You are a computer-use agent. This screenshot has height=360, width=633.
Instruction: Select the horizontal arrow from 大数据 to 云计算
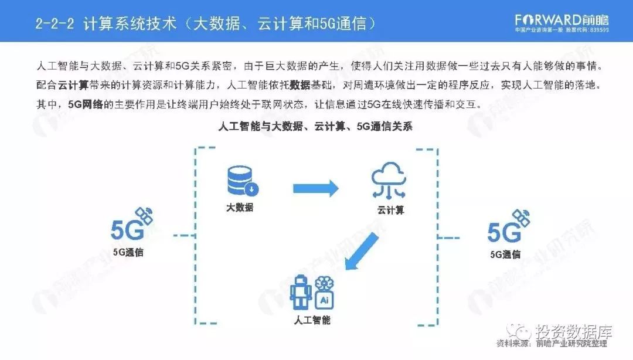pos(316,188)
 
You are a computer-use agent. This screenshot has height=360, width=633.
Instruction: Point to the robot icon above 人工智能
pos(300,292)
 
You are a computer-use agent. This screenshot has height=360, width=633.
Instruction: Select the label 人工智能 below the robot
pos(312,320)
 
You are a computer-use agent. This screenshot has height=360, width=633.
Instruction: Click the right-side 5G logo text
pos(504,233)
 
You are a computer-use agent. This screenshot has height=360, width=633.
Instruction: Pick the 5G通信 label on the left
pos(128,253)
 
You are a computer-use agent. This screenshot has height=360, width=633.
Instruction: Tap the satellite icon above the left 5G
pos(144,215)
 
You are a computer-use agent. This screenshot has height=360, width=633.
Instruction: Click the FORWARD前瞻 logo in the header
pos(561,19)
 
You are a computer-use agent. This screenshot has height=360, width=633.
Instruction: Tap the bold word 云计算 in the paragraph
pos(73,85)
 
